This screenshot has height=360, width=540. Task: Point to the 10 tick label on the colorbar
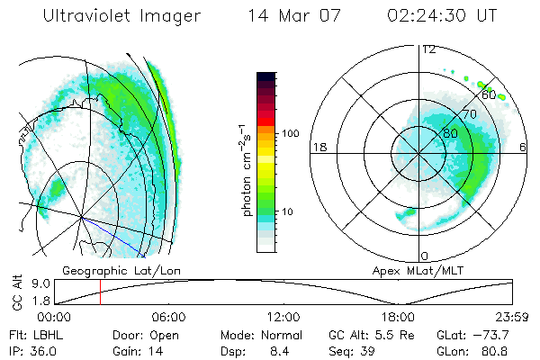[x=287, y=211]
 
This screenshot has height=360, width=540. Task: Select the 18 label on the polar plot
[x=318, y=147]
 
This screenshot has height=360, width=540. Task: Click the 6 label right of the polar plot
[x=523, y=147]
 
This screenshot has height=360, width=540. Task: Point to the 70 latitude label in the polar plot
[x=468, y=114]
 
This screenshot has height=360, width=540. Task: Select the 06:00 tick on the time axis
[x=168, y=317]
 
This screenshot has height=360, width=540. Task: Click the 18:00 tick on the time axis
[x=398, y=317]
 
